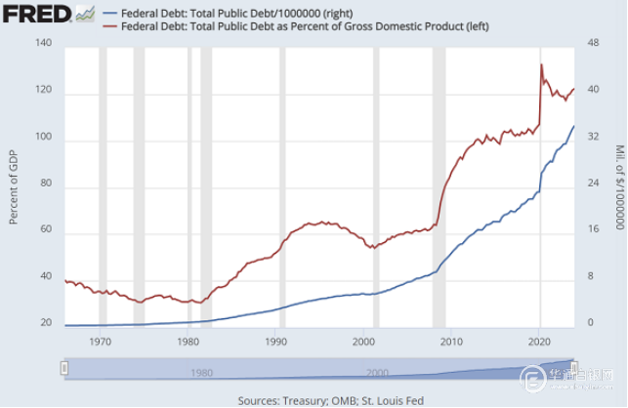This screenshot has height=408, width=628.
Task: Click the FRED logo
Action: click(x=37, y=14)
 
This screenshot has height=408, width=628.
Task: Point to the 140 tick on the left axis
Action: click(x=42, y=44)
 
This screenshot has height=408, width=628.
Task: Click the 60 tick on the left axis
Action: click(x=44, y=233)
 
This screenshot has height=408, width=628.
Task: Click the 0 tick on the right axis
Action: click(x=589, y=323)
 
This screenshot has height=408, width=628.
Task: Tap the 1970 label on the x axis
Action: click(x=100, y=342)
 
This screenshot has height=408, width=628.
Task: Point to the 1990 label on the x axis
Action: click(x=275, y=342)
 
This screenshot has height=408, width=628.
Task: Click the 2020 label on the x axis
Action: click(x=540, y=342)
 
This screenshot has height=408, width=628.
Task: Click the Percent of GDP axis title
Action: click(x=14, y=185)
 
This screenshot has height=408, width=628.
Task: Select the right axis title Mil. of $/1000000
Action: click(x=618, y=185)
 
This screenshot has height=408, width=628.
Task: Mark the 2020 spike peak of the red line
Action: click(x=541, y=64)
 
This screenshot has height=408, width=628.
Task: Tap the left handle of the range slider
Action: click(x=64, y=368)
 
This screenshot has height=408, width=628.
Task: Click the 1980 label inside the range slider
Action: click(x=201, y=373)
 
